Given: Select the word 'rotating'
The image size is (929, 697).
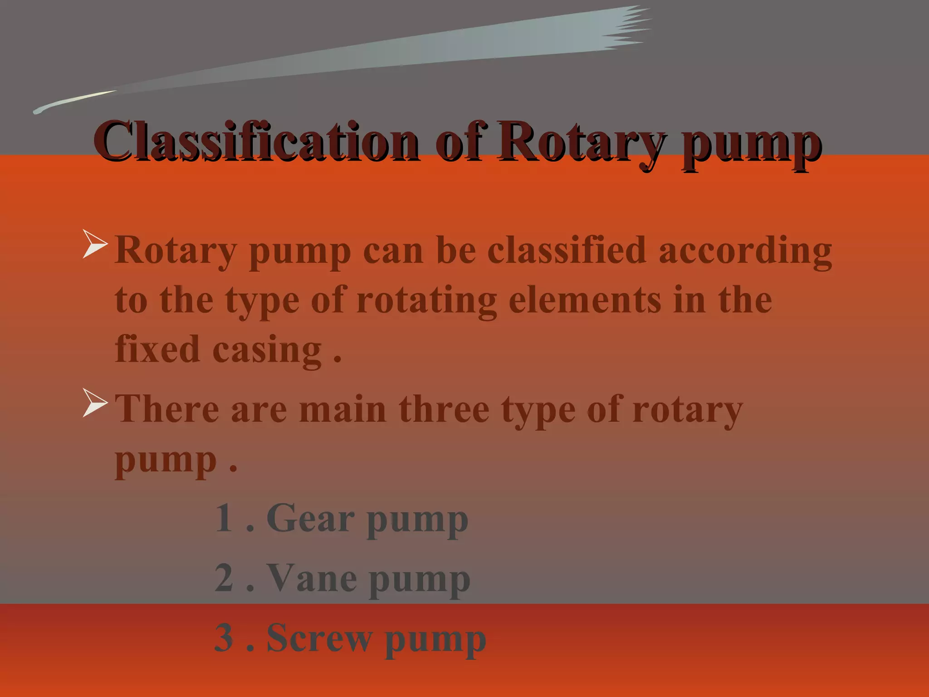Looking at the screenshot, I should pos(426,301).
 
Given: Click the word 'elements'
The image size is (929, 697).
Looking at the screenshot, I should pos(585,300).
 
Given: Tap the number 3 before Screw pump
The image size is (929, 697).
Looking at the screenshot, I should pos(224,638).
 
